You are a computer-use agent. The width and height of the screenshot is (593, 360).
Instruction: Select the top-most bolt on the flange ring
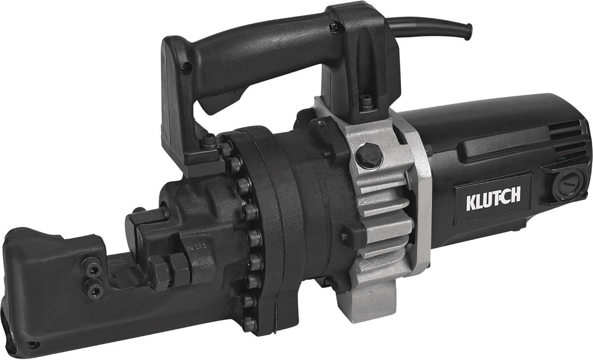[210, 139]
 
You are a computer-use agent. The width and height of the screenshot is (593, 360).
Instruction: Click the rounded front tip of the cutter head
[20, 245]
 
